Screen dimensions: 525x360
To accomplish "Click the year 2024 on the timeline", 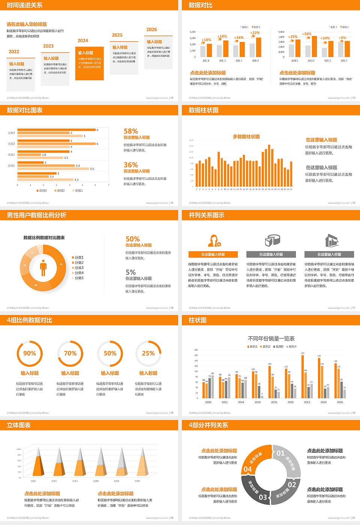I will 83,40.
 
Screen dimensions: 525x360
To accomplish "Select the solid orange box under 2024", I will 89,63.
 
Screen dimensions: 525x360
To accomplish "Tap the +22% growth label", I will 255,33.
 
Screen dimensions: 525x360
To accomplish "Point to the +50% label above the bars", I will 307,34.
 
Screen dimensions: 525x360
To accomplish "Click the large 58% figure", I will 131,131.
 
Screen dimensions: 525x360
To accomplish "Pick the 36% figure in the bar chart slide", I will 131,165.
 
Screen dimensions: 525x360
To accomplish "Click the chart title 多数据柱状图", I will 246,136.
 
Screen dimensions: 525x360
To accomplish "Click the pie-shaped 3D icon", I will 273,240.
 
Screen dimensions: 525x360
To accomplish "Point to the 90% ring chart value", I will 30,353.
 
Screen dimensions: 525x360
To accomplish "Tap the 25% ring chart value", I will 148,353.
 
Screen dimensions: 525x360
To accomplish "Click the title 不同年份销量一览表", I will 271,338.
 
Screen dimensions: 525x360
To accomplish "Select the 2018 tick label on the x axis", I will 274,402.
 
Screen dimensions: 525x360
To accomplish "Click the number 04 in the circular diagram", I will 248,469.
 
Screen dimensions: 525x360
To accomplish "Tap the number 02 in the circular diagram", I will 292,484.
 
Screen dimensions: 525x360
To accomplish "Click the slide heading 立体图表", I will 19,425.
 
